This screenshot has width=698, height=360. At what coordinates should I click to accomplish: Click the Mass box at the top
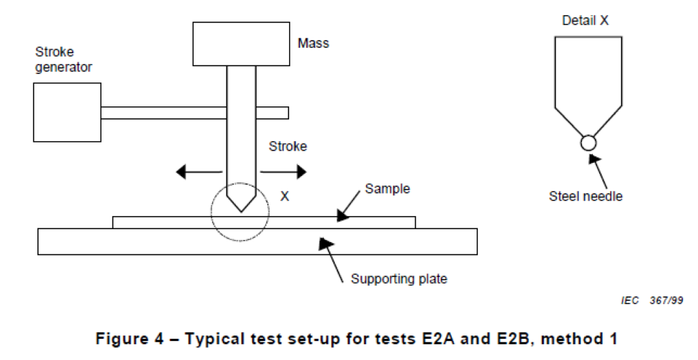(x=241, y=44)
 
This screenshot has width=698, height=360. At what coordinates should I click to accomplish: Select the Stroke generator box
(x=67, y=112)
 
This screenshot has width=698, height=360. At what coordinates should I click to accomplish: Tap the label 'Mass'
(x=313, y=44)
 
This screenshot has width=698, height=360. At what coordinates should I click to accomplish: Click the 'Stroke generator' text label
(x=63, y=59)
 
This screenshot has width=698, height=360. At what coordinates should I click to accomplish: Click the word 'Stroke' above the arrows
(x=288, y=147)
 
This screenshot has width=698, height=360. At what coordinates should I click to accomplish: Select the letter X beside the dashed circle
(x=285, y=196)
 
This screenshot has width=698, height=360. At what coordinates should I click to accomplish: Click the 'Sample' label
(x=387, y=189)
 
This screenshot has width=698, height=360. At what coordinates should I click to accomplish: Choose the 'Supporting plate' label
(x=399, y=278)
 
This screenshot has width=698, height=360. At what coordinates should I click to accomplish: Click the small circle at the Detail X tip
(x=588, y=142)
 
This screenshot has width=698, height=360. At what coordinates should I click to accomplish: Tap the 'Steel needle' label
(x=586, y=196)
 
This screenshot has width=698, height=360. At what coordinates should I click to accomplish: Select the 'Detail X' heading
(x=585, y=20)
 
